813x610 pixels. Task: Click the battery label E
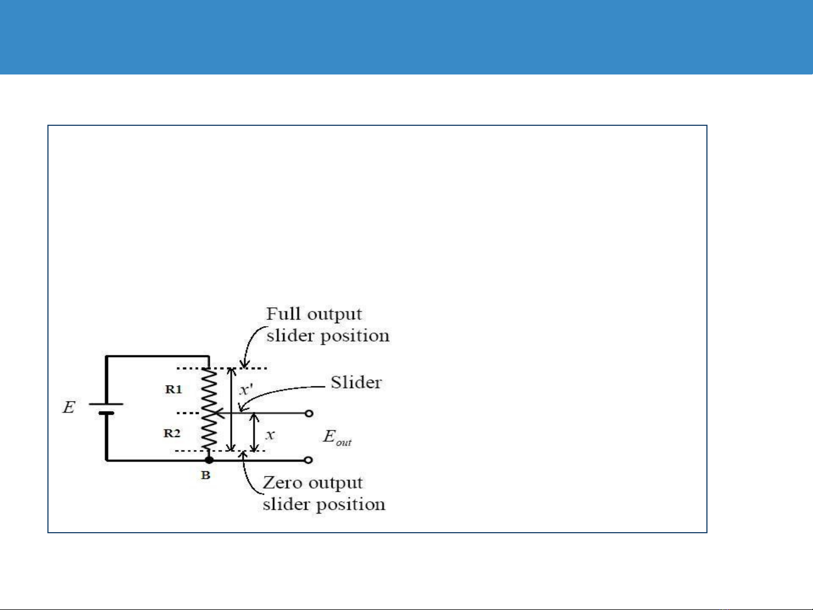point(68,407)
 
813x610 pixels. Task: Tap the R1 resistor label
point(173,389)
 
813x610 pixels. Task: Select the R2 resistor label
point(172,433)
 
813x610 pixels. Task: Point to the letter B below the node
point(205,476)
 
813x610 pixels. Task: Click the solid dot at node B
point(209,460)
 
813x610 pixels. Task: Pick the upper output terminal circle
point(309,414)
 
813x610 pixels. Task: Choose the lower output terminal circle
point(309,460)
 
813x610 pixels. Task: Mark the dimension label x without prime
point(270,435)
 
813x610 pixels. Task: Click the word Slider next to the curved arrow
point(356,383)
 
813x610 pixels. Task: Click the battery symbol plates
point(106,408)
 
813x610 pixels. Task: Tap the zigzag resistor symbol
point(209,409)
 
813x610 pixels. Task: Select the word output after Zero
point(336,483)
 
